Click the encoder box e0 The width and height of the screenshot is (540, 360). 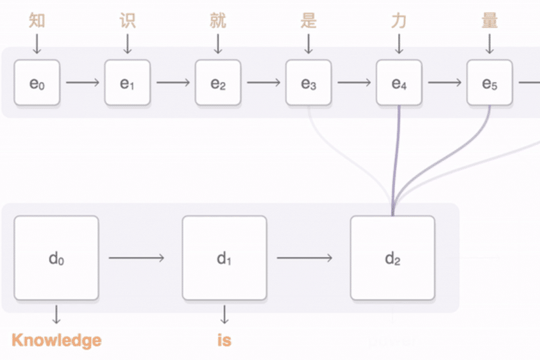(37, 83)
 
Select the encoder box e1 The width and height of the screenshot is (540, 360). (127, 83)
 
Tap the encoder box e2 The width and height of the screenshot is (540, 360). (218, 83)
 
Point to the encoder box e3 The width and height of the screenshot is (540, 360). (308, 83)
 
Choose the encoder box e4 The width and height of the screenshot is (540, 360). (399, 83)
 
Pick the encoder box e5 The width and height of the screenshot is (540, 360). (490, 83)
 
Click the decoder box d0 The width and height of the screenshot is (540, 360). (56, 258)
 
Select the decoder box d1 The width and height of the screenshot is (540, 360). (224, 258)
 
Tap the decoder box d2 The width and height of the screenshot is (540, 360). (392, 258)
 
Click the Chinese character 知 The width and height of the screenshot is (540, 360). (37, 21)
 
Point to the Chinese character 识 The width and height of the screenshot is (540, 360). (127, 21)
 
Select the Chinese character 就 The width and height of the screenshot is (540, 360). (218, 21)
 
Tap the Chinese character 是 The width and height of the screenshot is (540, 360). (308, 21)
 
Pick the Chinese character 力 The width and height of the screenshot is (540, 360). (399, 21)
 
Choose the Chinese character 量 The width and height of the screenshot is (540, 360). (490, 21)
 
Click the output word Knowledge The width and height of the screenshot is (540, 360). (56, 341)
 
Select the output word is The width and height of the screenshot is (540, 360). (224, 341)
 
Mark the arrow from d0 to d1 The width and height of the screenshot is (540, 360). (136, 258)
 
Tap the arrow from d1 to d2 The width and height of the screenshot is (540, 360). (304, 258)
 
